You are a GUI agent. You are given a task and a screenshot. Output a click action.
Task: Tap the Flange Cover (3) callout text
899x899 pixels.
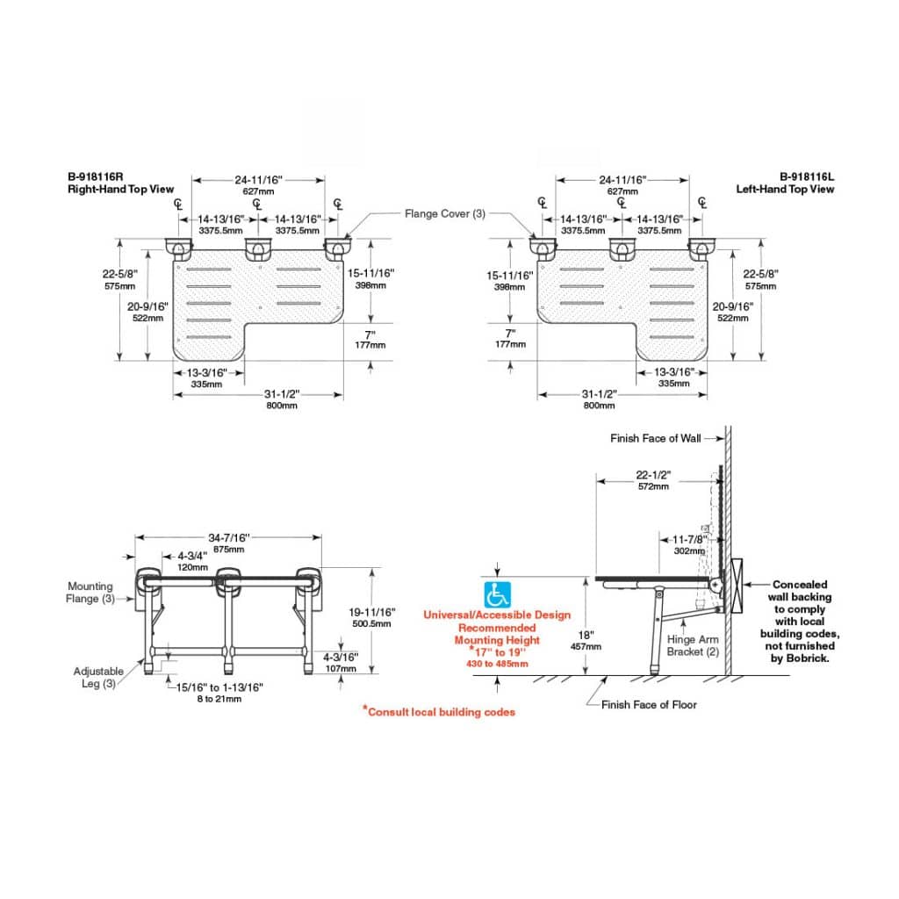[444, 213]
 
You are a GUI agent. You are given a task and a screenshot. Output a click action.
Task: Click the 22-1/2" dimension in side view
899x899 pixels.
[652, 474]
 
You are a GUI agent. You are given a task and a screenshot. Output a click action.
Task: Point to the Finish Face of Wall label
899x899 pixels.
[656, 438]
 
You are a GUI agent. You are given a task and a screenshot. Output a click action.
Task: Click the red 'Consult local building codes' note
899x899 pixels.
[439, 711]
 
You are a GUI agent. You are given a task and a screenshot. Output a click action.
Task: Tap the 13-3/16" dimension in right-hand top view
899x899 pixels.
[205, 372]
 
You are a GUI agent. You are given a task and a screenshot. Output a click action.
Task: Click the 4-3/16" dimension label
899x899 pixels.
[339, 656]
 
